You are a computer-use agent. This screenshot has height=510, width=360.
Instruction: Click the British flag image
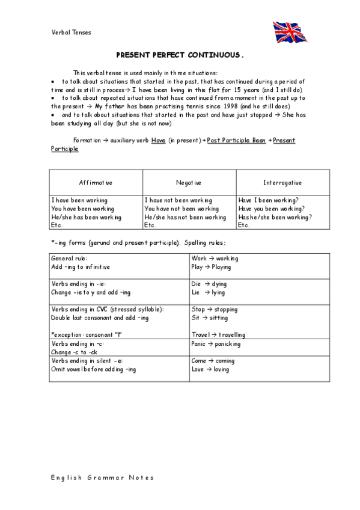(290, 32)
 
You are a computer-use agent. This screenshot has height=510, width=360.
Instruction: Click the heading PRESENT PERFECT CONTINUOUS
(180, 54)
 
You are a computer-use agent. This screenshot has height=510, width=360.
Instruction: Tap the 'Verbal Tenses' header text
(72, 32)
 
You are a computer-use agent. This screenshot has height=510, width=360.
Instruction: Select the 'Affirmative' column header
(96, 182)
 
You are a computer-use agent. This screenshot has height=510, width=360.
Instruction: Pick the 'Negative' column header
(189, 182)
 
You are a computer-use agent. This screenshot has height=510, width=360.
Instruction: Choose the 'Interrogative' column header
(282, 182)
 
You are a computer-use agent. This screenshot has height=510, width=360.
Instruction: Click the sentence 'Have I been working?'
(269, 200)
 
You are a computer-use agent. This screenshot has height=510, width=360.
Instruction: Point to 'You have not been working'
(182, 209)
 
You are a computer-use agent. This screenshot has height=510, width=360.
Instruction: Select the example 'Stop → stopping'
(214, 309)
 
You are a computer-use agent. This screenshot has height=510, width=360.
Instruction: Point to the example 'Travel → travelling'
(218, 334)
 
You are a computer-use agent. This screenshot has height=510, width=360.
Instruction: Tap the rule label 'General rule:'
(70, 257)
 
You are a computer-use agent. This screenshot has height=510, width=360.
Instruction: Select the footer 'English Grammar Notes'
(103, 478)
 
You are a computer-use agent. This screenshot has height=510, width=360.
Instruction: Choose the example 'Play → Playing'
(211, 266)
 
